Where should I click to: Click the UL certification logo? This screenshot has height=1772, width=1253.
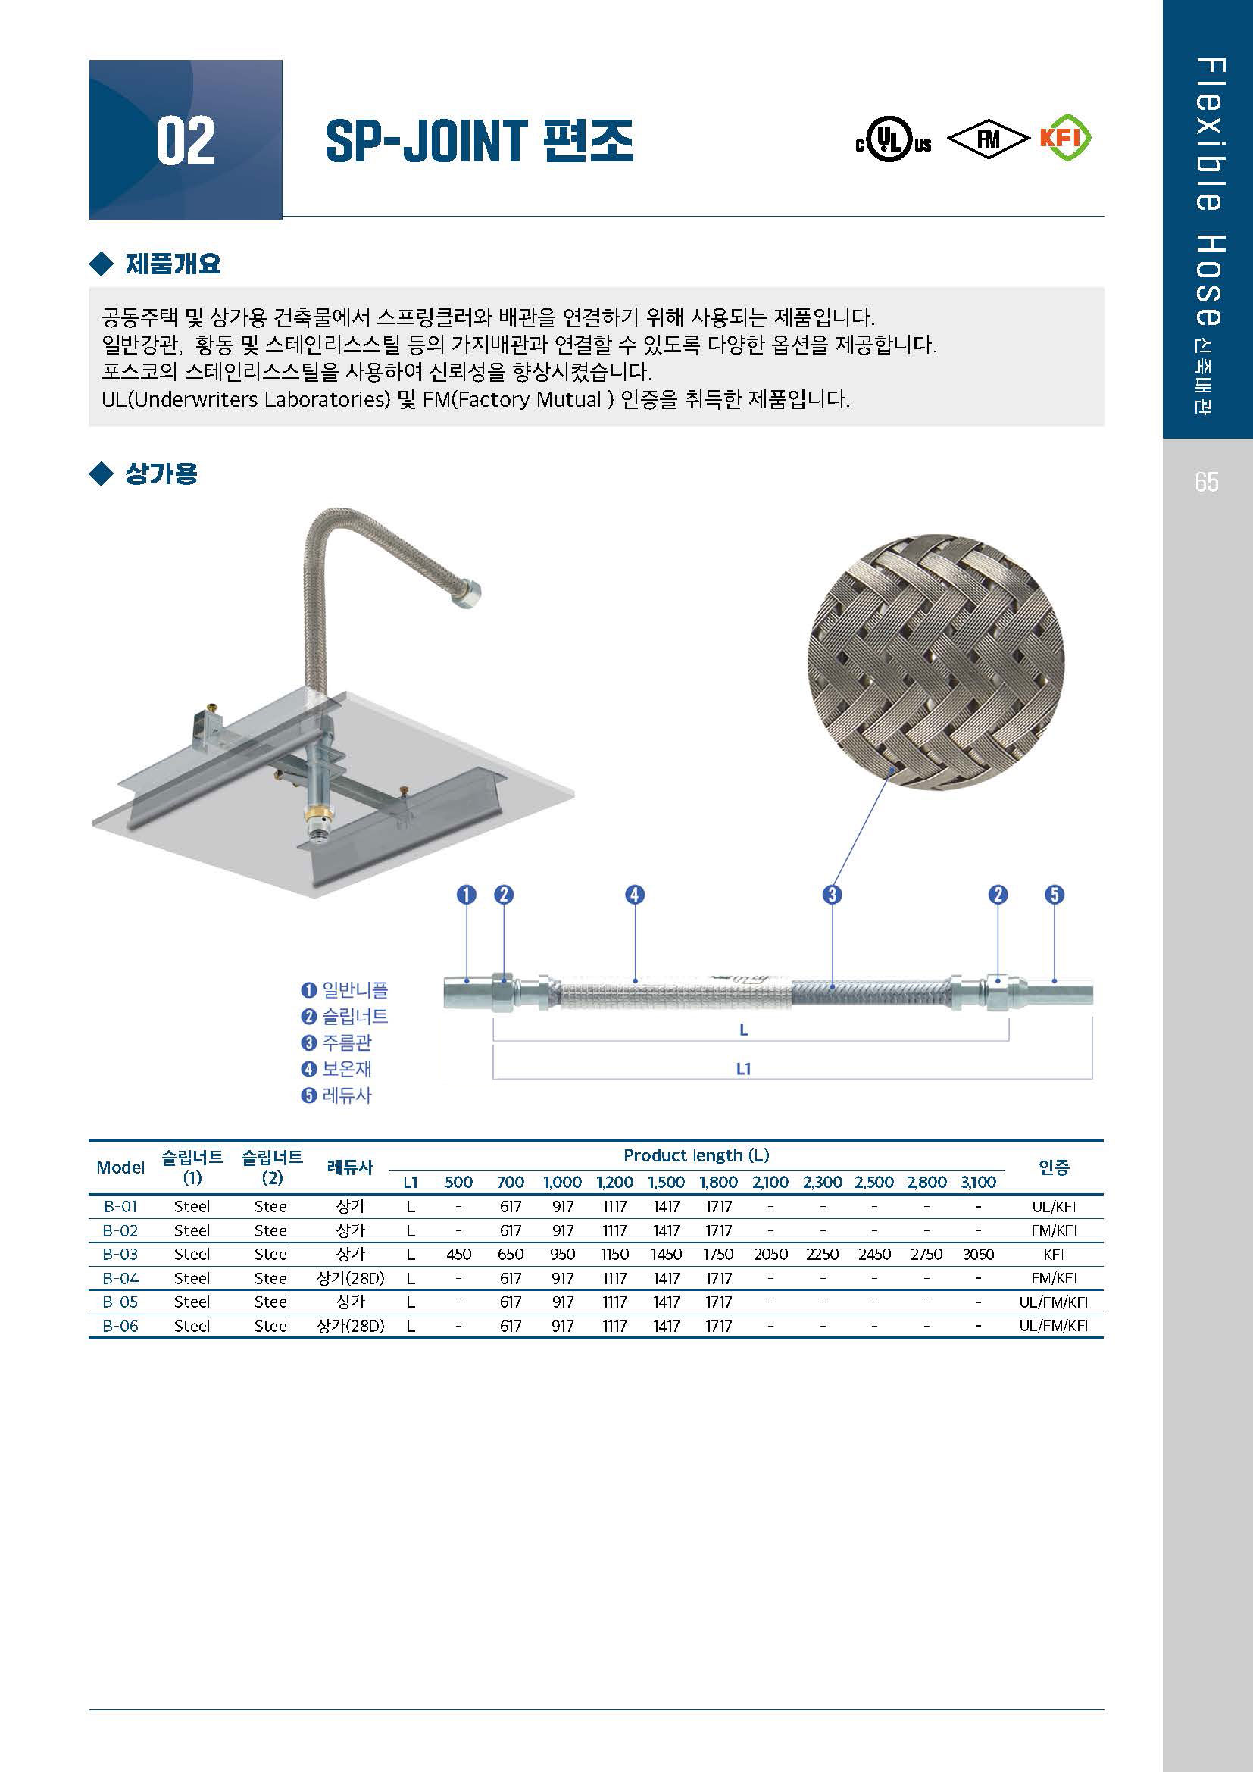click(x=893, y=140)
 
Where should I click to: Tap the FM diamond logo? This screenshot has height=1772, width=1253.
click(x=988, y=139)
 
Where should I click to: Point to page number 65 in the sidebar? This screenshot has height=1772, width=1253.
click(x=1207, y=483)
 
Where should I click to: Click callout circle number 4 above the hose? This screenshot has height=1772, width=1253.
click(x=634, y=895)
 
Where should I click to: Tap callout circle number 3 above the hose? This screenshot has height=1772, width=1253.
click(x=832, y=895)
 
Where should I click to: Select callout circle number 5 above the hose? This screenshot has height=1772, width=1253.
click(x=1054, y=895)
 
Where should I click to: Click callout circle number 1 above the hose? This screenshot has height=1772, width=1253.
click(x=466, y=895)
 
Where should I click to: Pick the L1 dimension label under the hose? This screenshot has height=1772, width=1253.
click(x=743, y=1069)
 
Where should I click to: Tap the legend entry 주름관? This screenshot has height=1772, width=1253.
click(x=337, y=1042)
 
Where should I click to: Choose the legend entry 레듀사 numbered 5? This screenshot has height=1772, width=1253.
click(x=337, y=1095)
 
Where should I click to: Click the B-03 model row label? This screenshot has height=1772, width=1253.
click(x=120, y=1254)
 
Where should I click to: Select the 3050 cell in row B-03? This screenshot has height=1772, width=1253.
click(x=977, y=1254)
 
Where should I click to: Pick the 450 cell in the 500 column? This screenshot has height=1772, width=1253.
click(x=458, y=1254)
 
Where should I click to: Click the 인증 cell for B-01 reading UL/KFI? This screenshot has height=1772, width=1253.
click(x=1053, y=1206)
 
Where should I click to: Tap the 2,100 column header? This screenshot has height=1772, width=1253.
click(x=770, y=1182)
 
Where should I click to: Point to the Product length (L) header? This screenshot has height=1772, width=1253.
click(x=696, y=1155)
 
